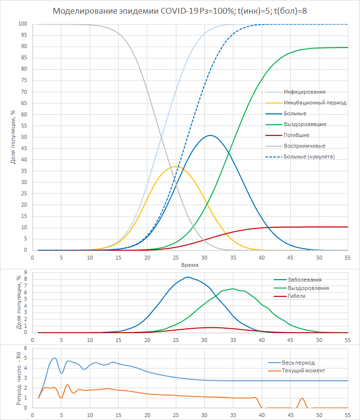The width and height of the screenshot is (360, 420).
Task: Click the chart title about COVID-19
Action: pyautogui.click(x=180, y=11)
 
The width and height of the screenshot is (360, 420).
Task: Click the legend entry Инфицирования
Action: pyautogui.click(x=305, y=92)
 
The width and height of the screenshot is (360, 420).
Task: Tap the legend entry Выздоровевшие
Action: pyautogui.click(x=305, y=124)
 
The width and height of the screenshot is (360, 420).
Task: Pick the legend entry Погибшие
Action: pyautogui.click(x=296, y=135)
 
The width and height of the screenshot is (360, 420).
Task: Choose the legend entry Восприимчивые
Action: pyautogui.click(x=305, y=146)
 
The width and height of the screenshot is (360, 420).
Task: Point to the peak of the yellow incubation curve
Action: pyautogui.click(x=175, y=167)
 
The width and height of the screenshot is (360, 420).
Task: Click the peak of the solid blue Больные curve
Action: pyautogui.click(x=210, y=135)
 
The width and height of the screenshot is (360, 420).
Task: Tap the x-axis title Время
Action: pyautogui.click(x=190, y=265)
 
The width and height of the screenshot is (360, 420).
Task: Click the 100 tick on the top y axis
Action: pyautogui.click(x=22, y=24)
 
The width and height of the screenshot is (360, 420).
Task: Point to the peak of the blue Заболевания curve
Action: pyautogui.click(x=187, y=277)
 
